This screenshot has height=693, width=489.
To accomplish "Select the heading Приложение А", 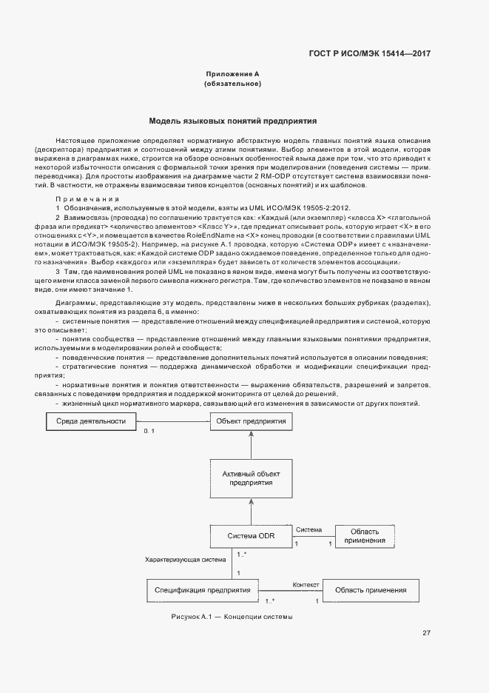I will (232, 74).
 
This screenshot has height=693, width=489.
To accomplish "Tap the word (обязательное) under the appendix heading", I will (232, 84).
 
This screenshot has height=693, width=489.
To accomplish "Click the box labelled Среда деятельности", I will (86, 421).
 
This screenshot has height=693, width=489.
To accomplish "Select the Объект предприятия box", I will (252, 421).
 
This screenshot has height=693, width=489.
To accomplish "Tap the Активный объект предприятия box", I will (252, 477).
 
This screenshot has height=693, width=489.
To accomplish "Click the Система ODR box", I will (252, 536).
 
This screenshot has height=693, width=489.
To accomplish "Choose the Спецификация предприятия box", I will (202, 590).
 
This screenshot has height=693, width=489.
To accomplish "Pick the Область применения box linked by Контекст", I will (371, 590).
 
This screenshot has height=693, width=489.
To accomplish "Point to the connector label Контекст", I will (306, 584).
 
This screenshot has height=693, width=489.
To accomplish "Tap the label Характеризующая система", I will (185, 560).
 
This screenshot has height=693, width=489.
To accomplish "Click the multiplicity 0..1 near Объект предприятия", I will (148, 431).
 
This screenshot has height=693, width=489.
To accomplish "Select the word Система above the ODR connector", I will (309, 530).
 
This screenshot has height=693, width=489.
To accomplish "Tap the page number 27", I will (426, 632).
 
